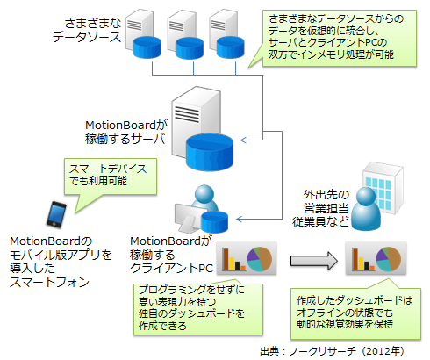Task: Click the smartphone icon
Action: tap(56, 214)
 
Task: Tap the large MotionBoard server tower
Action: tap(202, 129)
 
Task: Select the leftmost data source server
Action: tap(143, 33)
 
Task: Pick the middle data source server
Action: tap(185, 34)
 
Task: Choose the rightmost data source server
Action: tap(226, 33)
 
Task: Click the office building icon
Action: tap(383, 187)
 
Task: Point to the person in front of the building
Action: tap(366, 208)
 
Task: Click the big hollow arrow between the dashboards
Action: tap(314, 261)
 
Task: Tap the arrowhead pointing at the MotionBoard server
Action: tap(244, 140)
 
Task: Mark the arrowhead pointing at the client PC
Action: tap(240, 219)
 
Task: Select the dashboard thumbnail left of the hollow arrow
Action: tap(247, 258)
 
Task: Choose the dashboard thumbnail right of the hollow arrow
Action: tap(376, 258)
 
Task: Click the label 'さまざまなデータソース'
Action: tap(87, 30)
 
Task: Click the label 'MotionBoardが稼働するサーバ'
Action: tap(126, 132)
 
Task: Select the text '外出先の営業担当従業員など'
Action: tap(321, 208)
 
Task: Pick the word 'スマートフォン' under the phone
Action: tap(49, 282)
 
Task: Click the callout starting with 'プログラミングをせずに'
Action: tap(198, 309)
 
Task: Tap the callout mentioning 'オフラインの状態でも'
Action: tap(355, 313)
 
